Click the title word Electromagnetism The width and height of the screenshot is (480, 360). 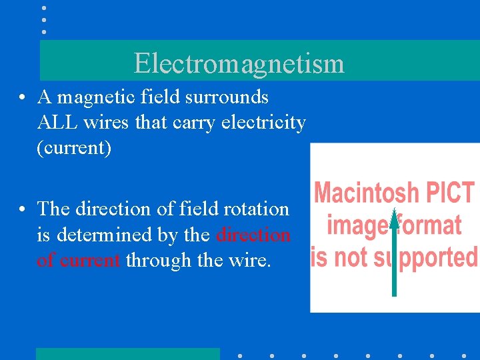point(239,63)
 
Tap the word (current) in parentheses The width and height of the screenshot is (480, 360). point(74,147)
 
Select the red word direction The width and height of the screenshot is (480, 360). point(253,235)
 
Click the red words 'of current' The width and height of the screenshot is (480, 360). point(79,260)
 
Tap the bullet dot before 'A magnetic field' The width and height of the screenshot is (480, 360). point(23,98)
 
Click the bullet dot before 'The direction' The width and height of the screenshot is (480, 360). point(23,210)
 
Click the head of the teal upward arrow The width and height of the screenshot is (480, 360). point(394,217)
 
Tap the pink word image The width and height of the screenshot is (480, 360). point(357,225)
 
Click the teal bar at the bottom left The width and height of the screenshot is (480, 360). point(127,354)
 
